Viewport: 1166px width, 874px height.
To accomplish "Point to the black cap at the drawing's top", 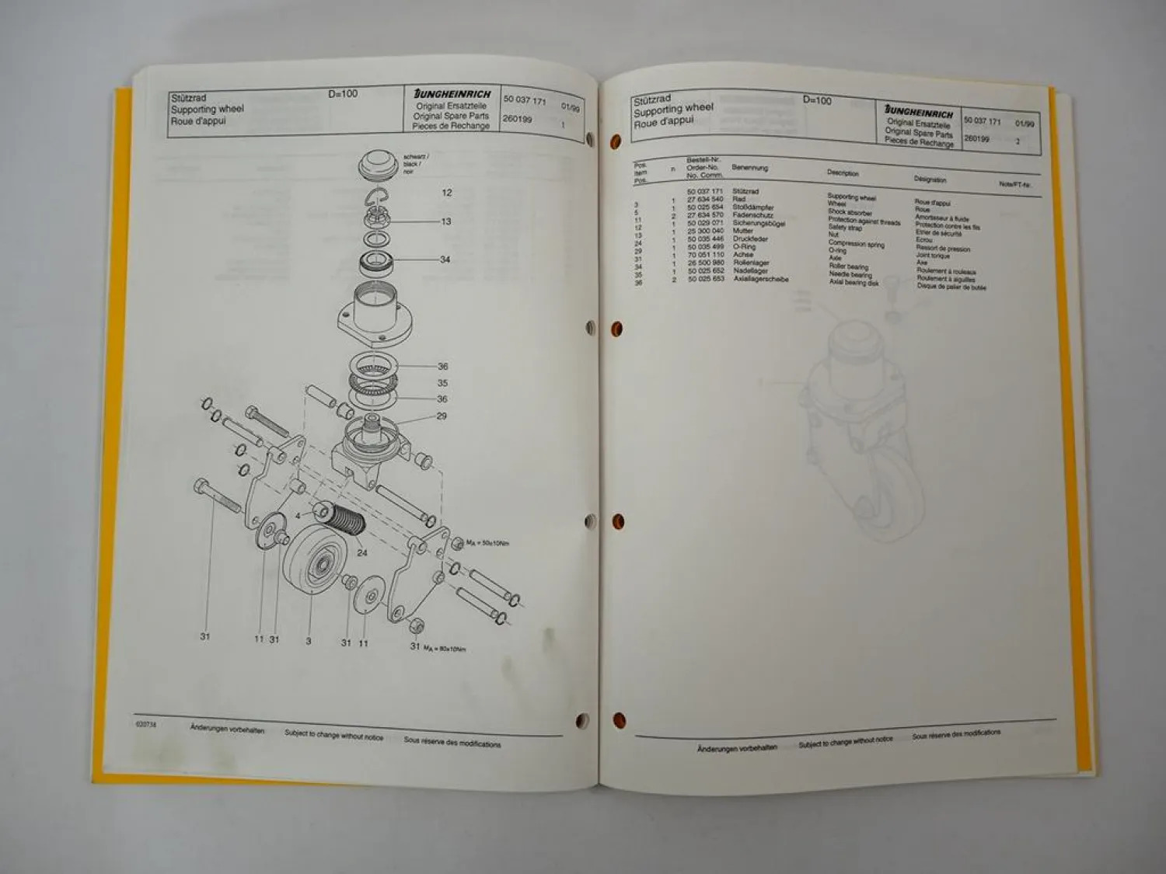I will pos(379,165).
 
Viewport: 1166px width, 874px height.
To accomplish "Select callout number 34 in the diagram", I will pos(445,259).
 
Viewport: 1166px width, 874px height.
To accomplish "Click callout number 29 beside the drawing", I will pos(442,416).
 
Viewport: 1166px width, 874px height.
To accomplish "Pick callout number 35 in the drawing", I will pos(442,383).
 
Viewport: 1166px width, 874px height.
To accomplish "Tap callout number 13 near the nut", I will pos(445,221).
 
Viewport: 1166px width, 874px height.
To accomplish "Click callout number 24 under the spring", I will pos(362,553).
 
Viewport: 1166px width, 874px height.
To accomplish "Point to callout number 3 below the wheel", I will pos(309,642).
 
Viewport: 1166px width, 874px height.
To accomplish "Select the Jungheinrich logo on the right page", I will pos(919,113).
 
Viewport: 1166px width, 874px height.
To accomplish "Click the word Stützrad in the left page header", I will pos(188,99).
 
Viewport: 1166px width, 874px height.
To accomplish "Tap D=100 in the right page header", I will pos(817,100).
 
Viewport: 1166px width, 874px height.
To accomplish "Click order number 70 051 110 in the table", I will pos(705,255).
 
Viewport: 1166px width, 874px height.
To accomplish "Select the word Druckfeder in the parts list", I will pos(750,239).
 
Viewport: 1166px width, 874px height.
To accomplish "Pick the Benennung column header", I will pos(749,167).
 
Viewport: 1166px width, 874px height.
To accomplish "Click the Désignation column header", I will pos(930,179).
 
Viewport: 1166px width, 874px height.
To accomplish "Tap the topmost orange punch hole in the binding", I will pos(616,142).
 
